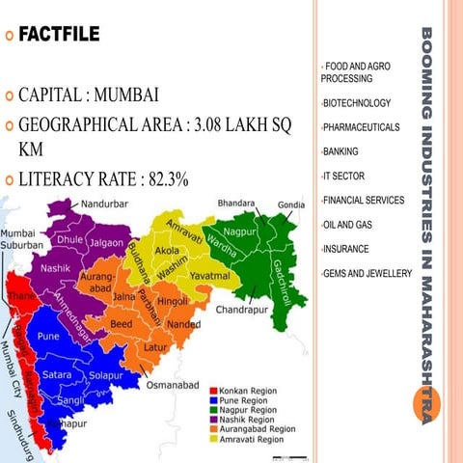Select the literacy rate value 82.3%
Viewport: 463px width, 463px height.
[x=164, y=178]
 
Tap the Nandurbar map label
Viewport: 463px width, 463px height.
[x=110, y=204]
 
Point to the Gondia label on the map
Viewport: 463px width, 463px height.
[x=293, y=205]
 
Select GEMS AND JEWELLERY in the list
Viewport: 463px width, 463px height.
[x=368, y=274]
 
